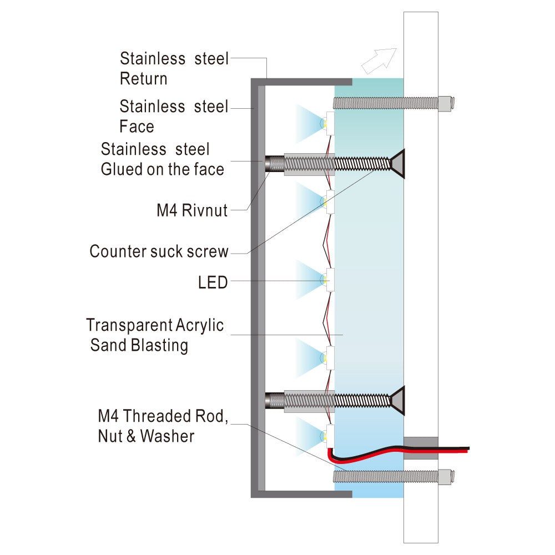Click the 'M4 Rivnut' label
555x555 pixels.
(x=192, y=210)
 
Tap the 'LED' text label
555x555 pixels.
(x=213, y=282)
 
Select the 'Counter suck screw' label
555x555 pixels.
(x=159, y=251)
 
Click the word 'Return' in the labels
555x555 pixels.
(x=143, y=79)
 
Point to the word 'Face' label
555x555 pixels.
(x=137, y=127)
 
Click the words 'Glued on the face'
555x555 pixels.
(x=163, y=169)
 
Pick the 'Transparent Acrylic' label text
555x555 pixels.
(x=155, y=325)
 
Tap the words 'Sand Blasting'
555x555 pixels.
(x=139, y=345)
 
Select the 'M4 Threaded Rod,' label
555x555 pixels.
(x=163, y=416)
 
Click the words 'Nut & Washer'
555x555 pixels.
(x=146, y=436)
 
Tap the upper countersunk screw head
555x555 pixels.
(x=397, y=164)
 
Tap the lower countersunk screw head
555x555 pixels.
(x=397, y=401)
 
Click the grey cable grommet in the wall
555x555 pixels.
(x=421, y=448)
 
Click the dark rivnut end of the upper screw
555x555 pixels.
(x=275, y=164)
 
